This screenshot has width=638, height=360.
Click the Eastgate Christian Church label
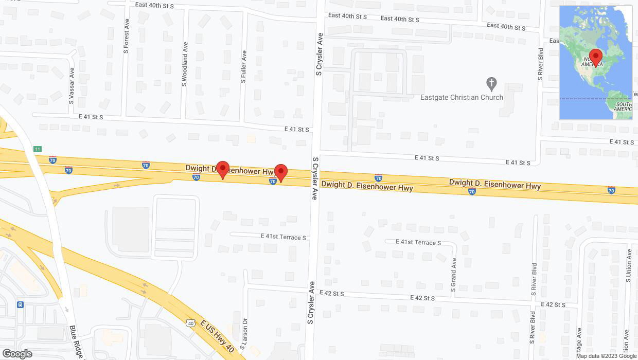click(x=462, y=97)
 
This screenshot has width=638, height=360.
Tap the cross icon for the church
click(x=491, y=83)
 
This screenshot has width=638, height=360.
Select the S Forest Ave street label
click(x=126, y=38)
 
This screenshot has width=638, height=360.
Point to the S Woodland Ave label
click(x=184, y=64)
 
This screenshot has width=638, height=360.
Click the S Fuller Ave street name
click(x=243, y=67)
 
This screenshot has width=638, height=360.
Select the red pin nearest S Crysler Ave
click(x=280, y=173)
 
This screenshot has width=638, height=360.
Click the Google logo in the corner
click(x=17, y=354)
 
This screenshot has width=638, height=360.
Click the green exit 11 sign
click(x=37, y=149)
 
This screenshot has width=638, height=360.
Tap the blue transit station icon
click(x=20, y=304)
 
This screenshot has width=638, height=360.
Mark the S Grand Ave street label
click(x=453, y=275)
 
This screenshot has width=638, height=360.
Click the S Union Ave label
click(x=628, y=266)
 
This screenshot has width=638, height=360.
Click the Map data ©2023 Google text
click(x=606, y=356)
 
